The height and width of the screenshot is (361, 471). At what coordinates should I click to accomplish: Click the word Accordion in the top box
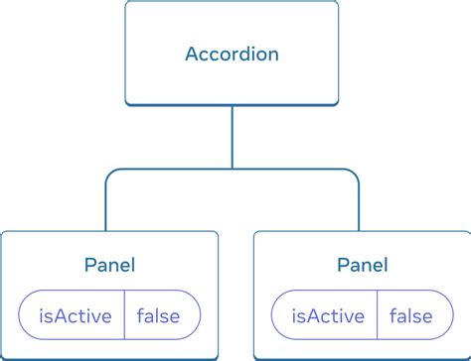[x=232, y=54]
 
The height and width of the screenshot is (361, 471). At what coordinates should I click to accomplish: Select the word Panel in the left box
[x=109, y=265]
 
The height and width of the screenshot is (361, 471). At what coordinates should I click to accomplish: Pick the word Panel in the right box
[x=362, y=265]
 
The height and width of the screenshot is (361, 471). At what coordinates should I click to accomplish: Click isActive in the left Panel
[x=73, y=316]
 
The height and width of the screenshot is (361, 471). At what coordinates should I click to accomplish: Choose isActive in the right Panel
[x=326, y=316]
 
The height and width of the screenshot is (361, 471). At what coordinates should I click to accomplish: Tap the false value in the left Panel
[x=158, y=316]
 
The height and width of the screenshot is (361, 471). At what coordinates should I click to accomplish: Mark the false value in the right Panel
[x=410, y=316]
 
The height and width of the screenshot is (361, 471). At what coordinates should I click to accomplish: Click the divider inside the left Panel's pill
[x=124, y=316]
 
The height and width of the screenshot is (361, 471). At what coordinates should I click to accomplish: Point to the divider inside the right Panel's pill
[x=378, y=316]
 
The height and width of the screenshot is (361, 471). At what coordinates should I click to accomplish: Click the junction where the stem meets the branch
[x=232, y=170]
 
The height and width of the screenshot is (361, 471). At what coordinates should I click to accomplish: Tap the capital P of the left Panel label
[x=89, y=265]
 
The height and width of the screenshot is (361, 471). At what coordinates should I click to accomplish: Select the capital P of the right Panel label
[x=342, y=265]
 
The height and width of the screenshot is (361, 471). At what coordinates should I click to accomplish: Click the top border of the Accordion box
[x=232, y=2]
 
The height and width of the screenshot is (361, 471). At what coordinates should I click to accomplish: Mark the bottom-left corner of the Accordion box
[x=127, y=103]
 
